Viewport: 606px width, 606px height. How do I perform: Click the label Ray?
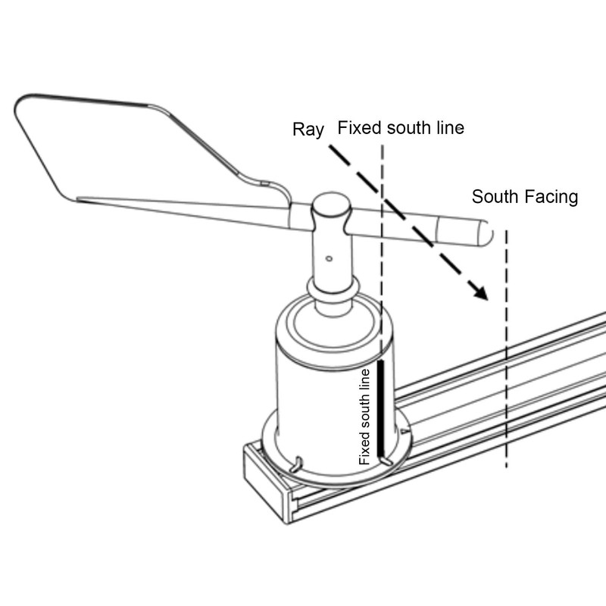pos(308,130)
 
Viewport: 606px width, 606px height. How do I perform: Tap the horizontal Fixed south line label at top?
pos(401,128)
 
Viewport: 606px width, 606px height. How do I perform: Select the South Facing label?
pos(525,197)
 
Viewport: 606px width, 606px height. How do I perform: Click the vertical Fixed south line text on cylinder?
pos(364,417)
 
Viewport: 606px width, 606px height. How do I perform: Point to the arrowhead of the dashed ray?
pos(480,292)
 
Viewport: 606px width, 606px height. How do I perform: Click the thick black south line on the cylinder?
pos(381,408)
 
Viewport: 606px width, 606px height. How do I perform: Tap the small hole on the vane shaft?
pos(329,258)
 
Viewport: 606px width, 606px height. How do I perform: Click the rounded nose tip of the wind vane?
pos(488,233)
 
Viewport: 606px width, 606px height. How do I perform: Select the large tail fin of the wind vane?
pos(116,151)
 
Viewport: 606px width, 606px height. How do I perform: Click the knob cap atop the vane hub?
pos(331,205)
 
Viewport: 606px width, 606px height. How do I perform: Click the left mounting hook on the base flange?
pos(296,464)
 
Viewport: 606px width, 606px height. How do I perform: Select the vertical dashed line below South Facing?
pos(506,348)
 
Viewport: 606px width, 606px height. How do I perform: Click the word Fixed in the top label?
pos(360,128)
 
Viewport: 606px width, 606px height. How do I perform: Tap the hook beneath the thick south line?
pos(386,461)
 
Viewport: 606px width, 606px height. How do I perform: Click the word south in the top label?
pos(408,128)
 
